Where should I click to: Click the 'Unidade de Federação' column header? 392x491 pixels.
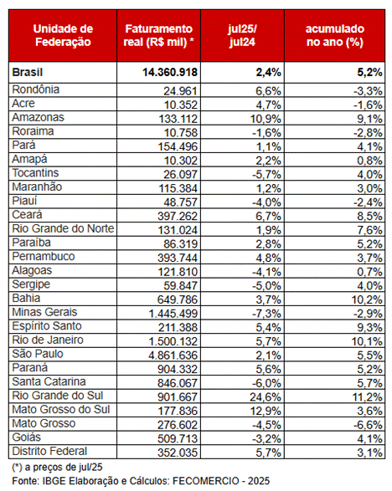63,35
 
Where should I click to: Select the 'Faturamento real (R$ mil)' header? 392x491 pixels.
158,35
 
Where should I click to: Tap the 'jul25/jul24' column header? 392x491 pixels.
242,35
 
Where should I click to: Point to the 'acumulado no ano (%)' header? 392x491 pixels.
335,35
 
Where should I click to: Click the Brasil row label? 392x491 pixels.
28,72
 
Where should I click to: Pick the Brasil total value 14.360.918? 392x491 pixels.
170,72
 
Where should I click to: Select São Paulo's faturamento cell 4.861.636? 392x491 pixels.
173,355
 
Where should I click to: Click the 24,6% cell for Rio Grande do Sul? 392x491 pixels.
266,397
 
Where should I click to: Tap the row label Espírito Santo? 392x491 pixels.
47,326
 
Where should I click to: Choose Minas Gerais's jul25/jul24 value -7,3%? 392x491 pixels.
266,314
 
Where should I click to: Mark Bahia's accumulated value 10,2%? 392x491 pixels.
367,299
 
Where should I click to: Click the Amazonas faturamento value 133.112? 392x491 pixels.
178,119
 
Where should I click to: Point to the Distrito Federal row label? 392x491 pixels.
49,451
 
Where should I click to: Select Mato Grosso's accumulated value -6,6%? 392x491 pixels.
369,425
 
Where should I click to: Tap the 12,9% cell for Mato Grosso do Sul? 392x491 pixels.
266,411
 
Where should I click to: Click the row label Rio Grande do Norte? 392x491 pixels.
63,228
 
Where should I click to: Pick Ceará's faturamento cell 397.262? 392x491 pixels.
178,216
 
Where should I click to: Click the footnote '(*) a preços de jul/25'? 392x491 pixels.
58,468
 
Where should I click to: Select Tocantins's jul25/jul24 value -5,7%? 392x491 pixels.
266,175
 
